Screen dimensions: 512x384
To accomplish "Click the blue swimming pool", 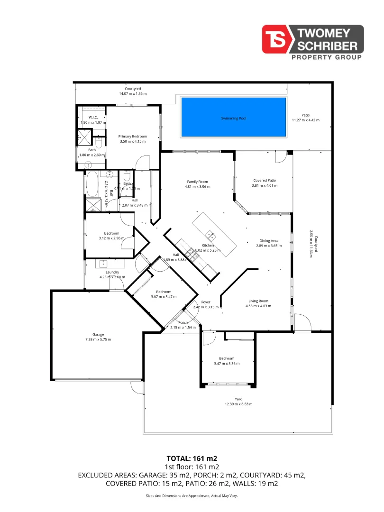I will point(234,118).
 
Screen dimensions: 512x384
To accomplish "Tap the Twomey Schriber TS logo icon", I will point(278,39).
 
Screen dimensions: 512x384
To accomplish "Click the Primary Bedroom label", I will point(132,137).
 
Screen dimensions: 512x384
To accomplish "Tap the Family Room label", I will point(197,182).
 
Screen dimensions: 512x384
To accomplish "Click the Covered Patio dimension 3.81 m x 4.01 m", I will point(265,186).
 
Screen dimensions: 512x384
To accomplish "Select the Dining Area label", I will point(268,241).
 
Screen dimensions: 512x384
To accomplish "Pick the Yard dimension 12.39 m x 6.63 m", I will point(238,404).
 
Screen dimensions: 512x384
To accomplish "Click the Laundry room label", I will point(112,272).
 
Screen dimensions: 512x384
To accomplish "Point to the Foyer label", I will point(206,302).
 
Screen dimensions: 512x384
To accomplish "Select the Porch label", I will point(183,322).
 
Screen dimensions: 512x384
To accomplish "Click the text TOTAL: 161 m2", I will point(192,458).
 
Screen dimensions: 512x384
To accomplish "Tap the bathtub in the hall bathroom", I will point(92,184).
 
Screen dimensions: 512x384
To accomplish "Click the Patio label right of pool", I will point(306,115).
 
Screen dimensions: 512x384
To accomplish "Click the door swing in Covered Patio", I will point(281,156).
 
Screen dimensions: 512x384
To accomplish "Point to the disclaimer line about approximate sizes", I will point(192,495).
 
